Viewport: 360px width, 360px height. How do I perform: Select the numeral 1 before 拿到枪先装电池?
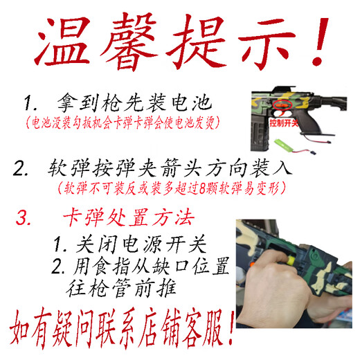pos(30,105)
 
